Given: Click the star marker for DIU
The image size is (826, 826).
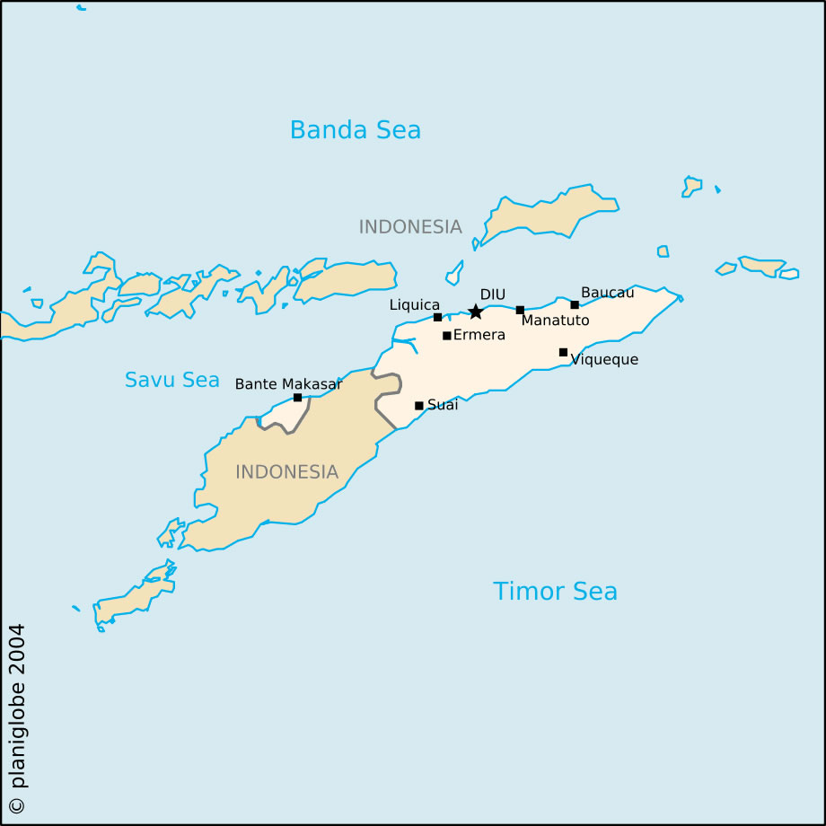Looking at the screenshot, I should (x=476, y=312).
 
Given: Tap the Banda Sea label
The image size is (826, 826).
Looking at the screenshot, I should (x=355, y=130).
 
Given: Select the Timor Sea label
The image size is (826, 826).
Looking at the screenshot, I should (x=555, y=591).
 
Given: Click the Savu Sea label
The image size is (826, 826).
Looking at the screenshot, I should (x=171, y=380).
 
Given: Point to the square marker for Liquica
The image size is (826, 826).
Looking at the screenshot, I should (x=437, y=317).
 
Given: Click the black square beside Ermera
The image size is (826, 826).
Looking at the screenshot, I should (x=446, y=336).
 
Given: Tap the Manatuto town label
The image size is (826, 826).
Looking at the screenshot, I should (x=555, y=321).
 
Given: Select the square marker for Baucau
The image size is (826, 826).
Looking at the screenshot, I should (x=575, y=304).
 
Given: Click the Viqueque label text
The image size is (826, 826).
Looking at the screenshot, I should (x=604, y=360).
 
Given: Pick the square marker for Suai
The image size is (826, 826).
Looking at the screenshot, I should (x=418, y=406).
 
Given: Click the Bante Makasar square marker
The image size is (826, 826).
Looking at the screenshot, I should (x=297, y=397).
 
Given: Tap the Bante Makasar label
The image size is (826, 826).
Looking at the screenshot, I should (x=288, y=383).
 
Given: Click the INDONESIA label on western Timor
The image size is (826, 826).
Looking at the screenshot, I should (x=286, y=472).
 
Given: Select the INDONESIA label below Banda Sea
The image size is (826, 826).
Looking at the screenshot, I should (x=410, y=227).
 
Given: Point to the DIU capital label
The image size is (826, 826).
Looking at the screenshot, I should (x=492, y=294).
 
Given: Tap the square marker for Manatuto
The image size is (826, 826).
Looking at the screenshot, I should (x=520, y=310).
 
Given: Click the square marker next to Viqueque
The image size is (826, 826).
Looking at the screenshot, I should (x=563, y=352).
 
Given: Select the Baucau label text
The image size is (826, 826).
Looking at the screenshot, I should (x=607, y=293).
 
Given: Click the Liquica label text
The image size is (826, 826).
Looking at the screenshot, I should (x=414, y=305).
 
